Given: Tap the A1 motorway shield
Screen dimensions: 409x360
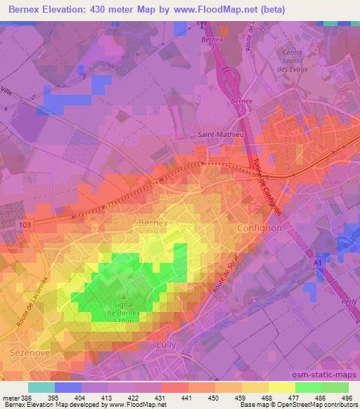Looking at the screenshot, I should click(x=318, y=262).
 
